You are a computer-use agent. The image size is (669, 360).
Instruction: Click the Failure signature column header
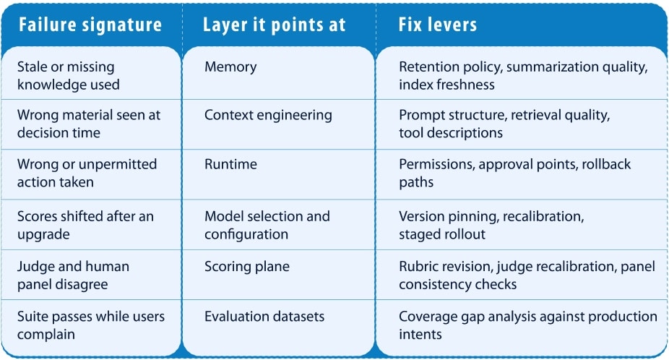90,25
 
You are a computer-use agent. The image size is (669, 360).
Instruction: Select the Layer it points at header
275,25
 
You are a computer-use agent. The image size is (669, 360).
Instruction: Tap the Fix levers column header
437,25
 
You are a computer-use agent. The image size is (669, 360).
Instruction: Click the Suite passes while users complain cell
91,325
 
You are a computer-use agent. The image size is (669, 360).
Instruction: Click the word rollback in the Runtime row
606,164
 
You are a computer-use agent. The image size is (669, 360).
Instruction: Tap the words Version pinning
449,217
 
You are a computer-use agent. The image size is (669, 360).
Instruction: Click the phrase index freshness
446,85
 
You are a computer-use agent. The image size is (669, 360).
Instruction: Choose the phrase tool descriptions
451,133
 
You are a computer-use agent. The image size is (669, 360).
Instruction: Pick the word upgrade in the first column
43,235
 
